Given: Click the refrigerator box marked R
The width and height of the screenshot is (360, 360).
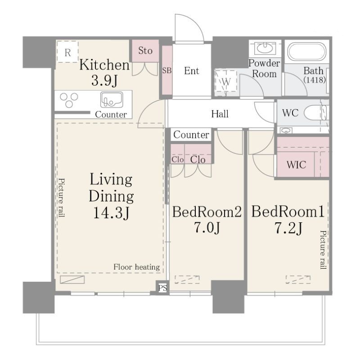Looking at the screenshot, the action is click(67, 52).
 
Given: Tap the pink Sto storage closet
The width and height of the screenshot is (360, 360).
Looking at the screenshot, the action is click(145, 51).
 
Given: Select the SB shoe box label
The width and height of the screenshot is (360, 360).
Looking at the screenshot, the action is click(167, 70).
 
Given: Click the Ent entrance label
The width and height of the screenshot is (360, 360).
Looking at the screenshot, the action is click(192, 71).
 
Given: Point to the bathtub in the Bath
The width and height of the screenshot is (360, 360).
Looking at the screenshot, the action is click(306, 52).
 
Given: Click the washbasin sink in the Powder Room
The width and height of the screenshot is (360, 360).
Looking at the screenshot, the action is click(265, 48).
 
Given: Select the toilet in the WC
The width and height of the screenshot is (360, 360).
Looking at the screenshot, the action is click(315, 112).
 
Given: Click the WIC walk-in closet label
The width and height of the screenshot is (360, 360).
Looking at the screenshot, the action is click(296, 165).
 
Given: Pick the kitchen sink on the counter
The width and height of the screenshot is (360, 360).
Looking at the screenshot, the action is click(111, 100).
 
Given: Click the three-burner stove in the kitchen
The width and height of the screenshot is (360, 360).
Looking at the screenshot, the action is click(69, 100).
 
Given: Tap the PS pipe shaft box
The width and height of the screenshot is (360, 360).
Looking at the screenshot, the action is click(162, 288).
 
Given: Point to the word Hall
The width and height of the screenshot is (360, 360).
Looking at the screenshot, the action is click(220, 114).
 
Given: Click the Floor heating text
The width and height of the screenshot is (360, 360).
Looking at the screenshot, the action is click(137, 267).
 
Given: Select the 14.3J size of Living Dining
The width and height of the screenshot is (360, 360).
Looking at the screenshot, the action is click(111, 213).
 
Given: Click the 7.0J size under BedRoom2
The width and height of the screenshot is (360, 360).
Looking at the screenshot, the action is click(207, 228).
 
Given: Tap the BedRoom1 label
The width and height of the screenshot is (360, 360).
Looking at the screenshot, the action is click(288, 211).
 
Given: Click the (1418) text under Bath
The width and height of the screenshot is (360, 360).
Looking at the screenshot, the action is click(315, 80).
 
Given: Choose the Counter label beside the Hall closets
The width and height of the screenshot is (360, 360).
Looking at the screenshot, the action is click(191, 135).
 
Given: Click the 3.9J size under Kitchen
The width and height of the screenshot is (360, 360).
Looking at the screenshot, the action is click(104, 81).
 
